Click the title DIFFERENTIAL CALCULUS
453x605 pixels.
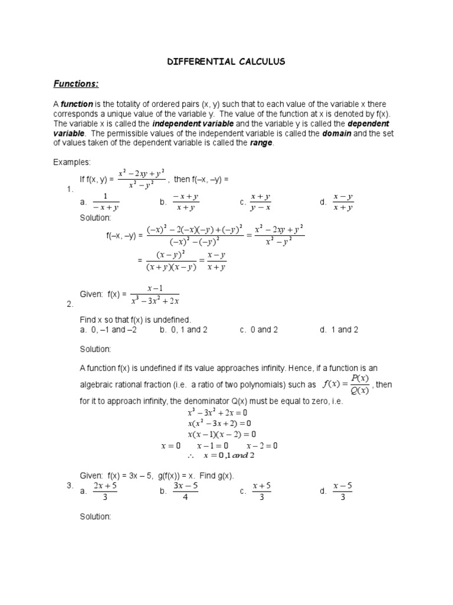(x=227, y=61)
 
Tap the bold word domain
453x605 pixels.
(x=337, y=134)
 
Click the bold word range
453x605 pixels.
(x=261, y=143)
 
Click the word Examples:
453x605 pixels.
(x=72, y=162)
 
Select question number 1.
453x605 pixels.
(x=69, y=189)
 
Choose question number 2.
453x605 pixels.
(x=69, y=304)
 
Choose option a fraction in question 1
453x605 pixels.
(x=106, y=201)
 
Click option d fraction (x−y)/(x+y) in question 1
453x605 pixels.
(x=343, y=201)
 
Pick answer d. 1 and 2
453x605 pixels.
(x=339, y=330)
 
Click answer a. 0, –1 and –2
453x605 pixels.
(x=108, y=330)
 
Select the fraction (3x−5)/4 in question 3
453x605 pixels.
(x=185, y=491)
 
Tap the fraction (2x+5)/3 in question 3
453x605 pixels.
(x=106, y=491)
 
